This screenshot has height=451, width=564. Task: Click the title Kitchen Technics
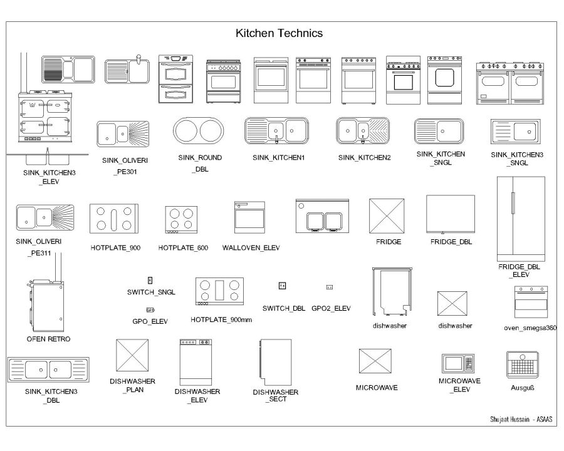[279, 33]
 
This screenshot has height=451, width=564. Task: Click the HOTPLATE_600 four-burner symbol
[181, 219]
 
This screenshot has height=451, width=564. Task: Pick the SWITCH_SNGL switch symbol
[150, 280]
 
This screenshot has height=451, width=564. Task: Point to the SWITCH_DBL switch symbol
[283, 286]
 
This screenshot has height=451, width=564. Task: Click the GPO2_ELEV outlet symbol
[330, 287]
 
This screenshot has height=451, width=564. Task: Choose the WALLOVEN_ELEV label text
[251, 248]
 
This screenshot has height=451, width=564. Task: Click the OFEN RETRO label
[48, 339]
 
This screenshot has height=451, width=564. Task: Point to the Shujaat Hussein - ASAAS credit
[521, 420]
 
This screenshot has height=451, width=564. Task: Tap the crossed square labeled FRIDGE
[388, 217]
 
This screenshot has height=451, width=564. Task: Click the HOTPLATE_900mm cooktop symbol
[219, 291]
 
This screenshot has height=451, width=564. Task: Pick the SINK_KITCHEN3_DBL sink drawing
[48, 370]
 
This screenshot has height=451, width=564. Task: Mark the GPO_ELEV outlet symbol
[150, 310]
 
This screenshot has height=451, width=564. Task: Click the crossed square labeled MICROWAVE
[375, 364]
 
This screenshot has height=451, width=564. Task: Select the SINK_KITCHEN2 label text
[364, 158]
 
